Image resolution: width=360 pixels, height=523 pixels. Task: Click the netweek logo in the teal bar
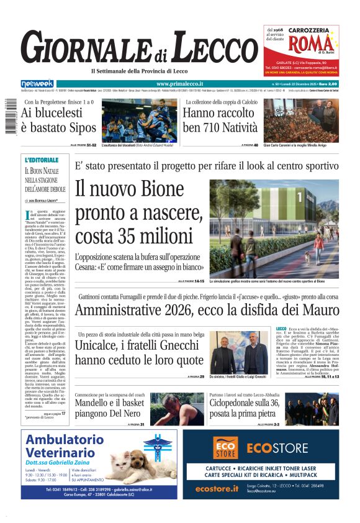click(37, 84)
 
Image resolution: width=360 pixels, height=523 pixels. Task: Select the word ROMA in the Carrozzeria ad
click(305, 44)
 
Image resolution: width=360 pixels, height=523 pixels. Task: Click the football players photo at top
click(140, 120)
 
